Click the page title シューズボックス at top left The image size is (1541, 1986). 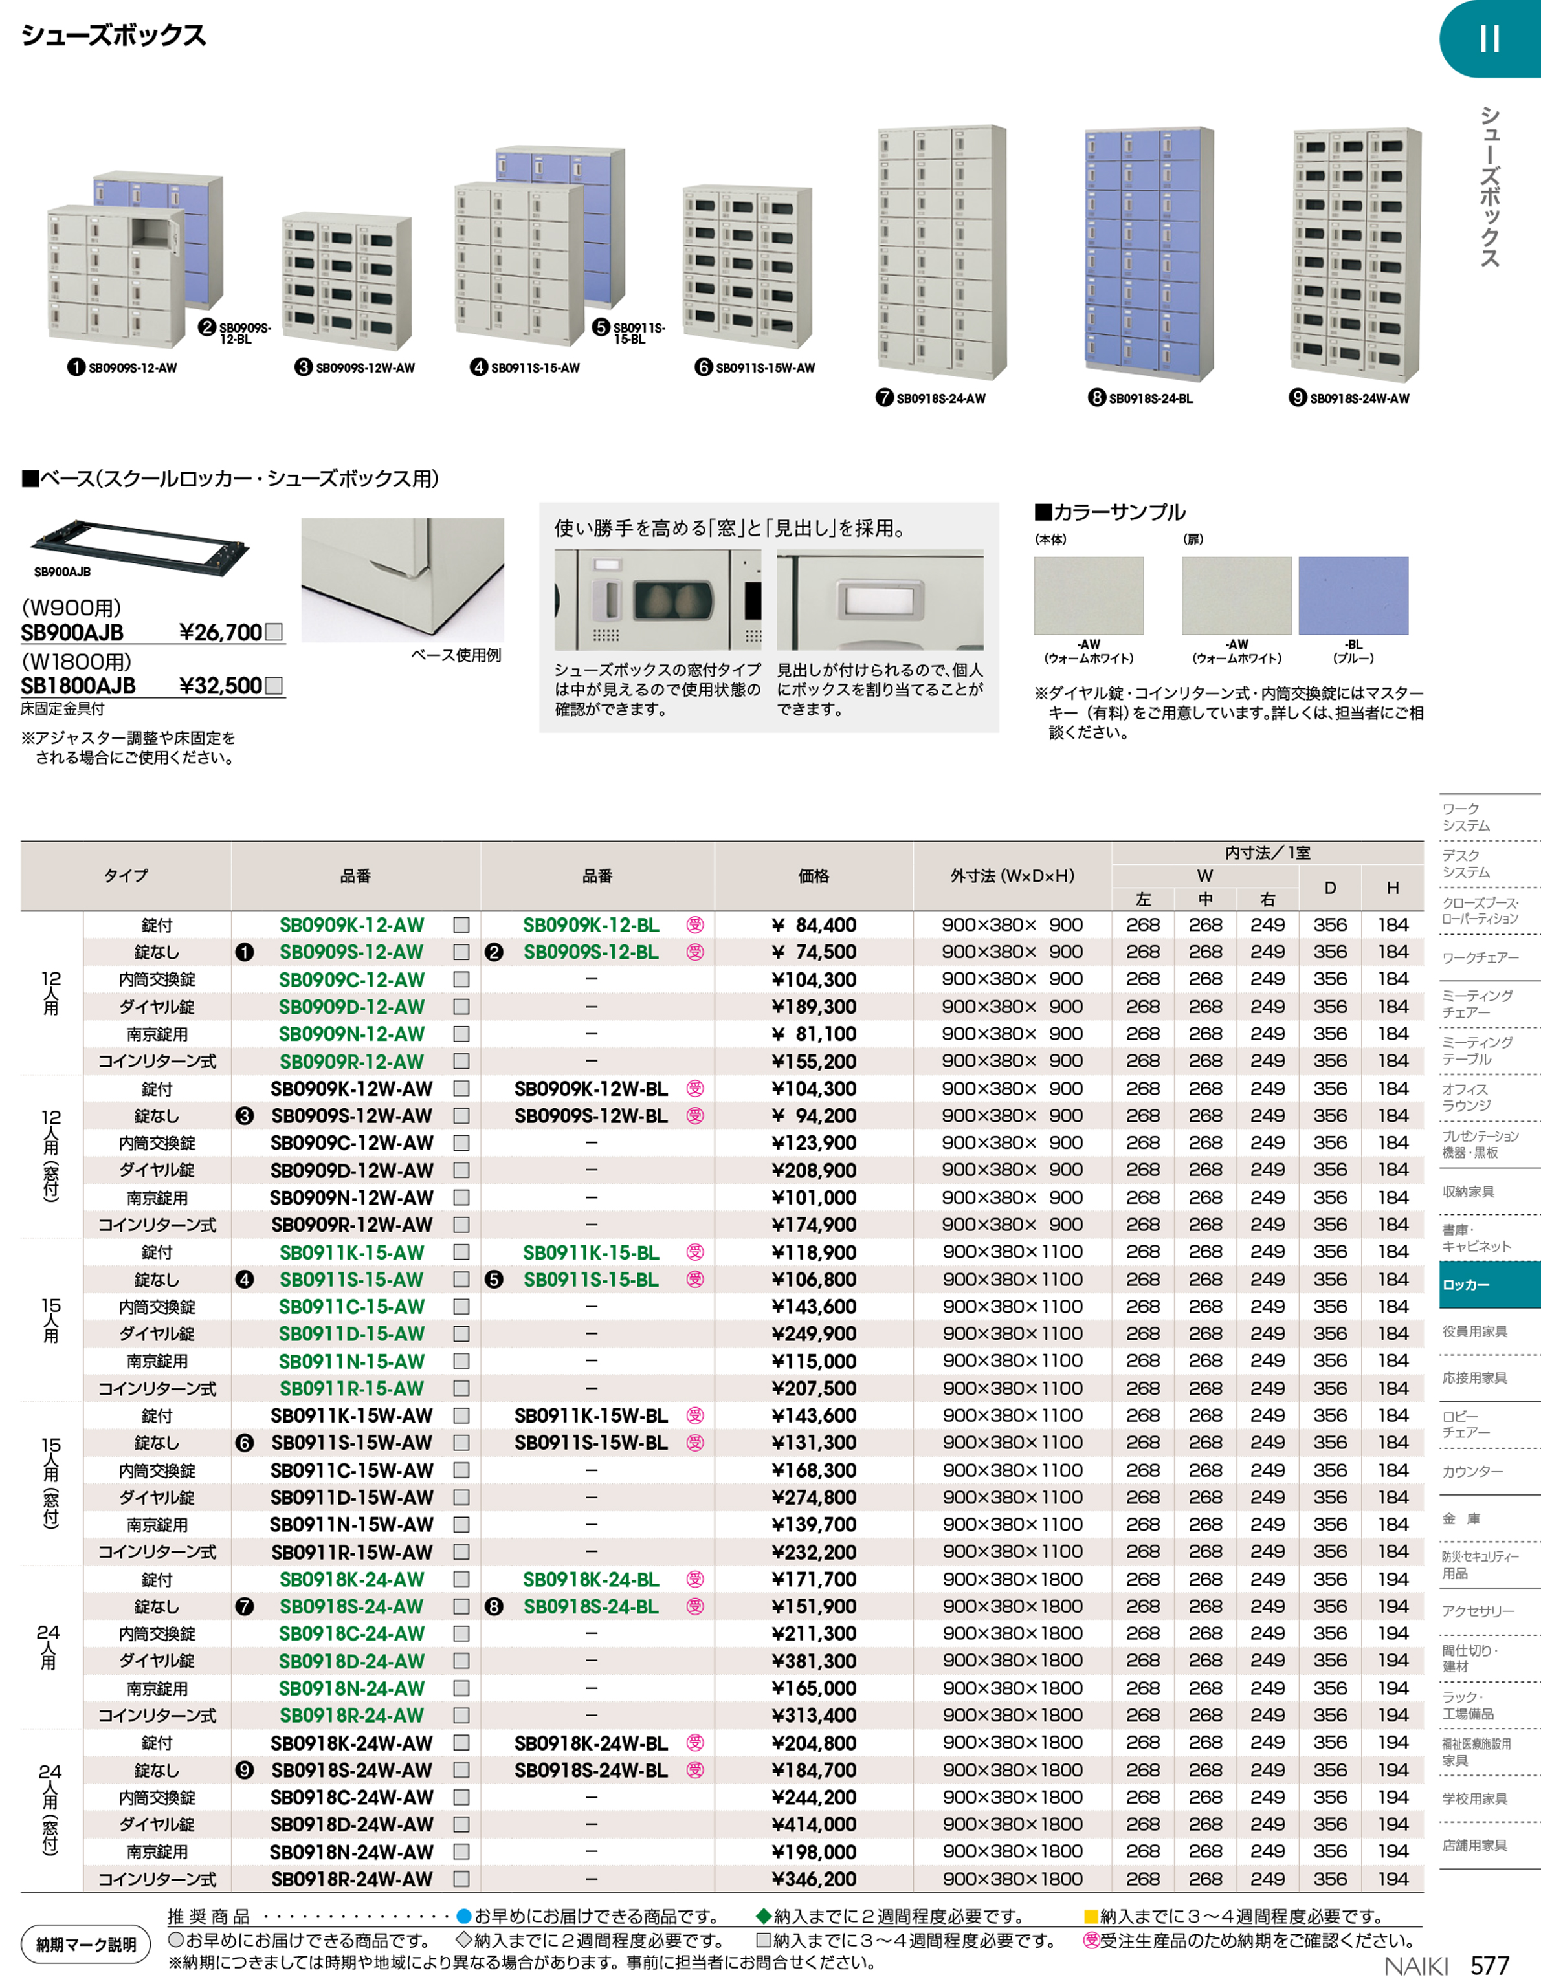114,36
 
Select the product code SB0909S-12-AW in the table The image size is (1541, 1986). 351,952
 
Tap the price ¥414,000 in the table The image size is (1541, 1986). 814,1824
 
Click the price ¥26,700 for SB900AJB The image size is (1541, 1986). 220,632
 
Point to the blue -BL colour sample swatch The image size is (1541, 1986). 1353,596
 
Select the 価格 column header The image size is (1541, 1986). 814,876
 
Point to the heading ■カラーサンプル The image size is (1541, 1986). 1110,512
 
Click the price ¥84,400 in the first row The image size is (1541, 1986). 814,925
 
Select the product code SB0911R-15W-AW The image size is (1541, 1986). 351,1552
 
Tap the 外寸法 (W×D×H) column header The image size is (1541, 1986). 1012,876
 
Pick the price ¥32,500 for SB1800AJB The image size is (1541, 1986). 220,686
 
